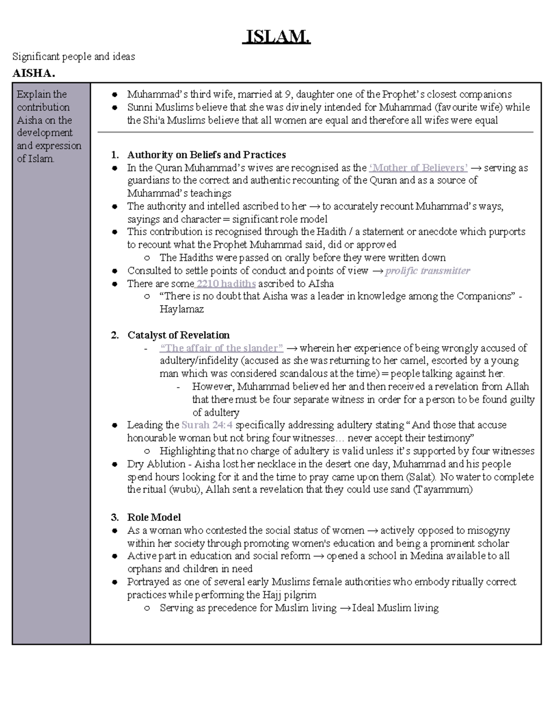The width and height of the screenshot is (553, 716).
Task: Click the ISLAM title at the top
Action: click(276, 36)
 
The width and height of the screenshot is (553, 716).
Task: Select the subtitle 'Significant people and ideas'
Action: click(74, 57)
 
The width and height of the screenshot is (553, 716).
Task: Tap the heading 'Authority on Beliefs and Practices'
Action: click(206, 155)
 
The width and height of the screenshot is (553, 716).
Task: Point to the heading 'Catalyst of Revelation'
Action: click(178, 335)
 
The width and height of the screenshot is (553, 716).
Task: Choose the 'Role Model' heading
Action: click(154, 517)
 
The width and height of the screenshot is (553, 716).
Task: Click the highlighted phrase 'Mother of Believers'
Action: click(418, 168)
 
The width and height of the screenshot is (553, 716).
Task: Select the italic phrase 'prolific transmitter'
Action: click(427, 271)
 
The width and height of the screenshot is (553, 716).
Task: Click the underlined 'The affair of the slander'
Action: click(221, 348)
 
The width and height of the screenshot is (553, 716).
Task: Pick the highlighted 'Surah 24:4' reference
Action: click(207, 425)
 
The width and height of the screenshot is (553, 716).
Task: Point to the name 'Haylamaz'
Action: click(182, 309)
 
